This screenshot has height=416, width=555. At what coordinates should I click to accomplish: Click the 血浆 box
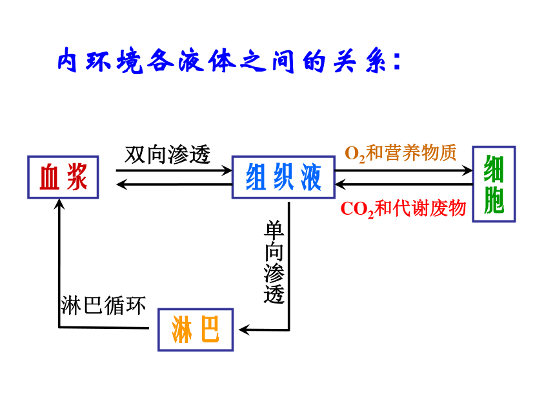[x=63, y=177]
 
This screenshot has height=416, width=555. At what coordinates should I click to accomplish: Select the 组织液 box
[x=283, y=177]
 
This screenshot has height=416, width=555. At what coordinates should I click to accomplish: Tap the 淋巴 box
[x=196, y=330]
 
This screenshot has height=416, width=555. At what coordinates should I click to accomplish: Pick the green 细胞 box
[x=494, y=184]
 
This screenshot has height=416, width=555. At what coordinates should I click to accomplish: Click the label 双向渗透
[x=168, y=155]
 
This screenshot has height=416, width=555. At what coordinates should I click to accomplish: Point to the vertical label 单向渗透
[x=274, y=262]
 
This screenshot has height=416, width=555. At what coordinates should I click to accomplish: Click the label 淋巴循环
[x=103, y=305]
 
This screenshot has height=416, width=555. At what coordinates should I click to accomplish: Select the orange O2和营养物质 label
[x=401, y=153]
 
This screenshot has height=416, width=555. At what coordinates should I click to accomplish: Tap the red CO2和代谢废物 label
[x=403, y=209]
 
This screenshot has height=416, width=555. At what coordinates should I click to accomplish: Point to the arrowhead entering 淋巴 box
[x=244, y=330]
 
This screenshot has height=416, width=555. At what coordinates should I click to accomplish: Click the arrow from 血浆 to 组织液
[x=174, y=170]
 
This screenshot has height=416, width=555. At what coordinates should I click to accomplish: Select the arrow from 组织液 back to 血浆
[x=174, y=184]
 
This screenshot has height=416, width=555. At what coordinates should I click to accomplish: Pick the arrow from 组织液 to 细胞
[x=404, y=170]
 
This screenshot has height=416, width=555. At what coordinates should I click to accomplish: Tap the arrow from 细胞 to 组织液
[x=404, y=184]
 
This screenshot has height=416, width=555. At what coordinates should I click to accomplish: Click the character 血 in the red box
[x=49, y=177]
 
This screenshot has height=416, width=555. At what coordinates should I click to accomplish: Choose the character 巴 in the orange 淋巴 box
[x=210, y=330]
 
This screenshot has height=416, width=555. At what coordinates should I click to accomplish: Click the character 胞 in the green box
[x=494, y=200]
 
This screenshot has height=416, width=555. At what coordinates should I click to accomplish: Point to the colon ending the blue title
[x=396, y=61]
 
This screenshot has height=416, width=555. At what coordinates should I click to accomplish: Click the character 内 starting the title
[x=67, y=60]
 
